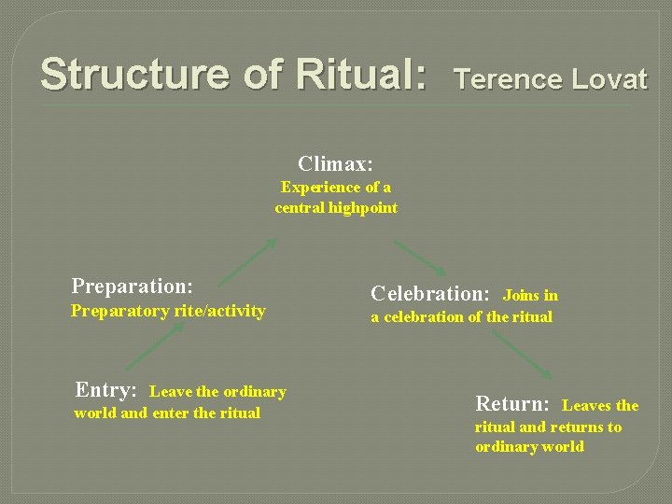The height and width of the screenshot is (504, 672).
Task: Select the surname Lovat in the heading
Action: click(x=606, y=79)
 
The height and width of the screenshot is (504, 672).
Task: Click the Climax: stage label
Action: click(x=335, y=164)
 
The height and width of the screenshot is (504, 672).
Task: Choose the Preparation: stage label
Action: click(x=133, y=285)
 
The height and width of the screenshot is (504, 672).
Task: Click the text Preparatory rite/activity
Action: click(x=168, y=311)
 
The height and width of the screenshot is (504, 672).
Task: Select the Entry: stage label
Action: click(x=106, y=390)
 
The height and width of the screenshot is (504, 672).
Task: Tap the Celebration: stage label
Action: click(x=430, y=293)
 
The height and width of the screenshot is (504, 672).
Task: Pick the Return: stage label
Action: click(x=512, y=403)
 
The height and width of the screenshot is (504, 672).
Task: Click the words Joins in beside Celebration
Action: click(x=530, y=295)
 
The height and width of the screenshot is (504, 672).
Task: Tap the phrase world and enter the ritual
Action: click(x=167, y=413)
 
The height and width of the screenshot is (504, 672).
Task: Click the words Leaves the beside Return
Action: click(x=600, y=405)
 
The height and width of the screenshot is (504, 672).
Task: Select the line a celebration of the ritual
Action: click(x=461, y=317)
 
